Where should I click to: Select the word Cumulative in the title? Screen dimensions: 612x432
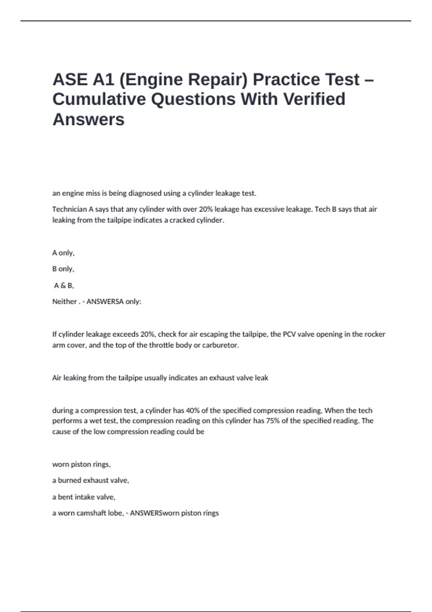click(99, 99)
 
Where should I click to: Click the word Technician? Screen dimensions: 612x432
click(69, 209)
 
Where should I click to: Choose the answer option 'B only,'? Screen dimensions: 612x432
click(63, 269)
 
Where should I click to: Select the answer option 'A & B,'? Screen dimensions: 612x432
click(64, 285)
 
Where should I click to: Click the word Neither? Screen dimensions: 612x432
click(64, 302)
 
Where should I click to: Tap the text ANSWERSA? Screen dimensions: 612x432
click(105, 302)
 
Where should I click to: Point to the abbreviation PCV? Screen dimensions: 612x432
click(289, 334)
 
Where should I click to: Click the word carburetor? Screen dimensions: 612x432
click(220, 345)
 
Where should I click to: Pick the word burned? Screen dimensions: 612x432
click(69, 480)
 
